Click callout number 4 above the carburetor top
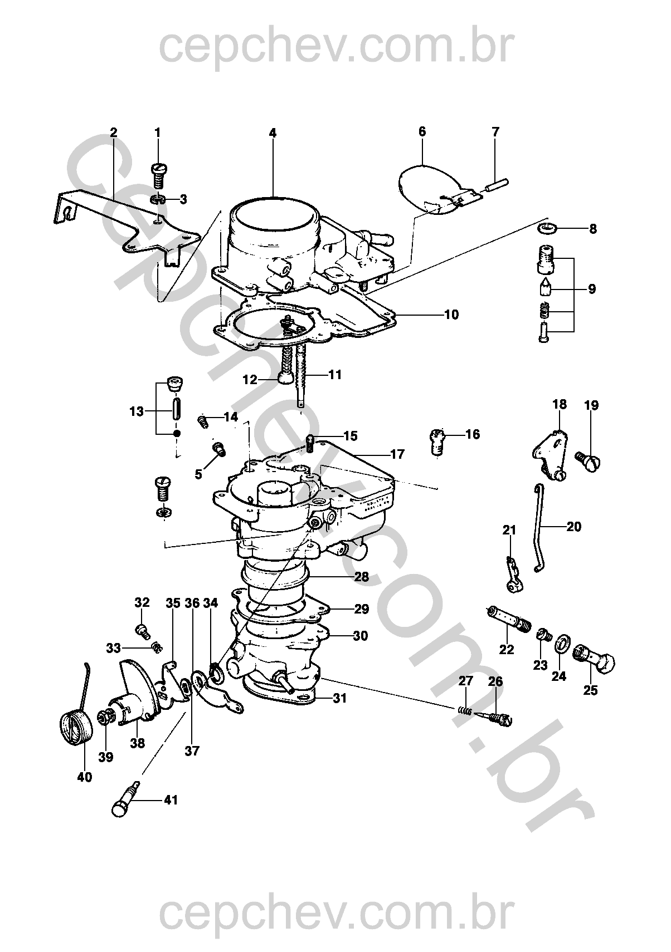[x=272, y=133]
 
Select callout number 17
[x=397, y=454]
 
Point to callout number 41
[x=171, y=800]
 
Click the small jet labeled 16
[x=439, y=440]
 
